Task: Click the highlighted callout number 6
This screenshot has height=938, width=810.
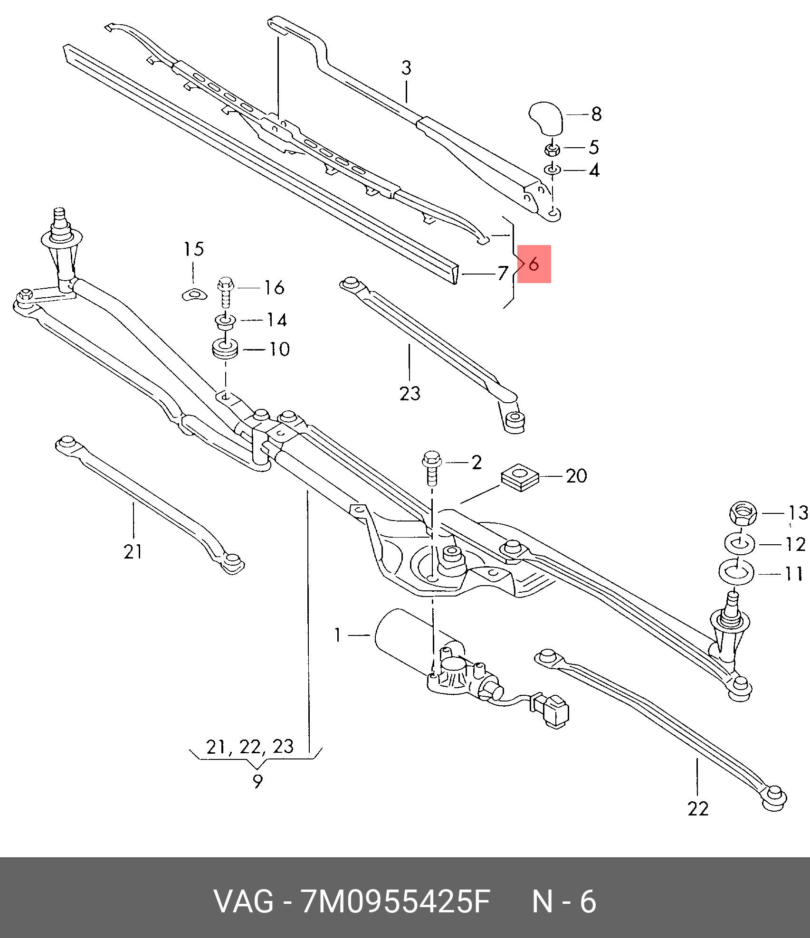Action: pyautogui.click(x=534, y=264)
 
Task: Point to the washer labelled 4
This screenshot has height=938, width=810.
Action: pyautogui.click(x=553, y=170)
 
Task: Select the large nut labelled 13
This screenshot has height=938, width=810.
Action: pyautogui.click(x=742, y=513)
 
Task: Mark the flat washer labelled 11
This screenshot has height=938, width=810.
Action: pyautogui.click(x=736, y=573)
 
